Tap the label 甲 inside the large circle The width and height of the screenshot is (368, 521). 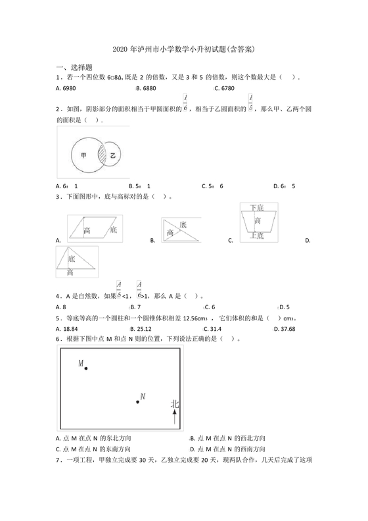point(83,155)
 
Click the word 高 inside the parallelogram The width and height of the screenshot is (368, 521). point(87,230)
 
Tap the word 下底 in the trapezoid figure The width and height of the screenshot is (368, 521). point(257,209)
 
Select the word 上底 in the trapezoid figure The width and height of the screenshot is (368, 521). point(257,235)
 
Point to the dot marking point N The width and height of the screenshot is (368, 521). point(137,401)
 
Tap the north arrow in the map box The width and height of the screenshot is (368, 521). point(175,418)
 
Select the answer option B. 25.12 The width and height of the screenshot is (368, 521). point(141,329)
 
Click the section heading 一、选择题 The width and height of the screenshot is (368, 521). point(74,67)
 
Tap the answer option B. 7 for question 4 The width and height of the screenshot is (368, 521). point(135,307)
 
